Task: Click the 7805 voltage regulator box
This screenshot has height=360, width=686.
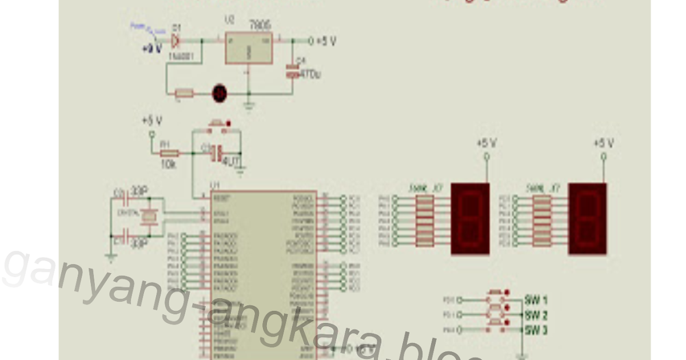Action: (x=248, y=48)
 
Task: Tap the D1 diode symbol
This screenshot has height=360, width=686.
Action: (x=175, y=41)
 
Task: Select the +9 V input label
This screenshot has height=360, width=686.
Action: (x=152, y=49)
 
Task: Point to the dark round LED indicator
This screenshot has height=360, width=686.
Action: (x=219, y=93)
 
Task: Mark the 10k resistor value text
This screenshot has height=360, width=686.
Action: (x=168, y=164)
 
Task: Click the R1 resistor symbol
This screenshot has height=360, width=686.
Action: (x=169, y=153)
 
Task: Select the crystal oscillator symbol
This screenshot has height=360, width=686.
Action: (x=149, y=217)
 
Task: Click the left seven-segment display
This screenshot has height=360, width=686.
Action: (x=470, y=219)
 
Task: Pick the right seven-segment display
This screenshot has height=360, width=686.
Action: (x=587, y=219)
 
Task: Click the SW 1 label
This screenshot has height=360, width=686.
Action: (x=536, y=299)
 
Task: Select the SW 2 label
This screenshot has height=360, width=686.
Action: (x=536, y=315)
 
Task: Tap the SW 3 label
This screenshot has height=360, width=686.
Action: (x=536, y=330)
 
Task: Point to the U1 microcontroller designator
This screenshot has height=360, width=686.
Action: (x=216, y=185)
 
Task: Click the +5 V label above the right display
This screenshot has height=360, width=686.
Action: (x=604, y=143)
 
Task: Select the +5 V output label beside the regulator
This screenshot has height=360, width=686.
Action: (x=326, y=41)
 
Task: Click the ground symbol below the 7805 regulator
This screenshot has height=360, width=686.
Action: (x=249, y=105)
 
